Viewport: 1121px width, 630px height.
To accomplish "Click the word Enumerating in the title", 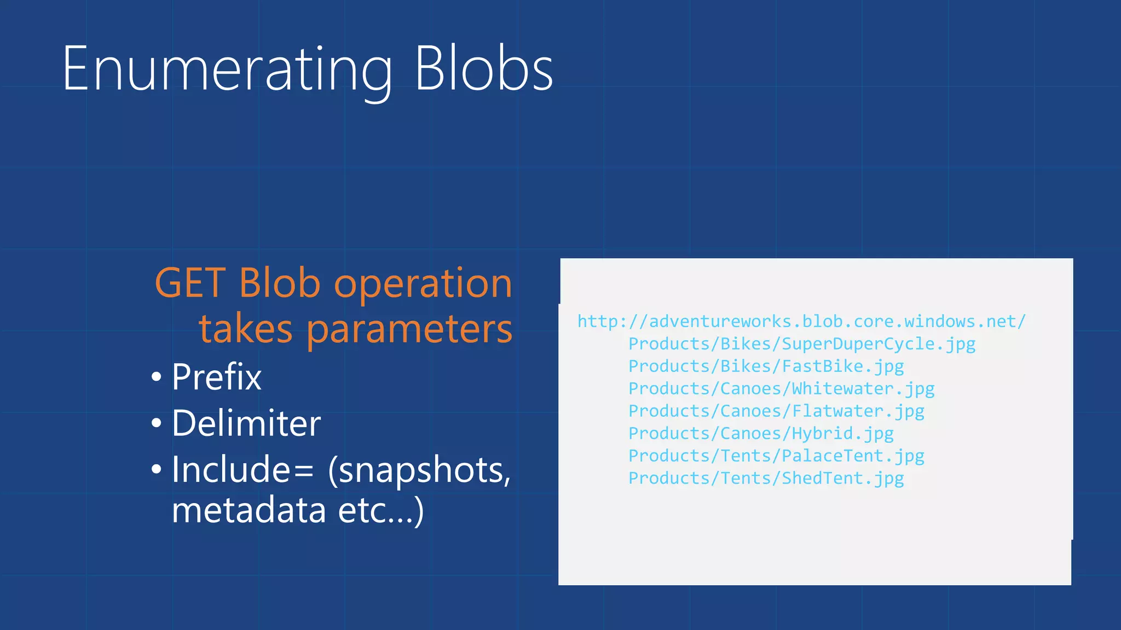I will point(227,70).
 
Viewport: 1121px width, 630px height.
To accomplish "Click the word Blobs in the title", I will point(483,70).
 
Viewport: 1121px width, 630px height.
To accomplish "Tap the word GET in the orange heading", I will point(190,283).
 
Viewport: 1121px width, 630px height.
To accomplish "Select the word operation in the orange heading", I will point(423,284).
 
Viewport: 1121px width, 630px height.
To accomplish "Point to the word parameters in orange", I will point(409,330).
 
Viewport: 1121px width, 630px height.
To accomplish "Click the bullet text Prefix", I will point(217,377).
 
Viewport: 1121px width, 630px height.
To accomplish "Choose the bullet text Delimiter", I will point(246,423).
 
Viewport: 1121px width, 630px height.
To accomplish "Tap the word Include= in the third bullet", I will point(242,469).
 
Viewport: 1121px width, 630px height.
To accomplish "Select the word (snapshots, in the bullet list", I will point(419,470).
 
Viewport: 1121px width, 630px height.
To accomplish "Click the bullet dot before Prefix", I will point(157,377).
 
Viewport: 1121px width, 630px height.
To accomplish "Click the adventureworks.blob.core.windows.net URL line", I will point(801,322).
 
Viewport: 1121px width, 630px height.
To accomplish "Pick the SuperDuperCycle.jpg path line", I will point(801,344).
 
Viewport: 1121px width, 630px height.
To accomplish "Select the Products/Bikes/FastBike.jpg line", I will point(766,366).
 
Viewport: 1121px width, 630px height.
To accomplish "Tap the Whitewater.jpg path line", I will point(781,389).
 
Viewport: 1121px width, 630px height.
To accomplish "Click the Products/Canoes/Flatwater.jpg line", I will point(776,411).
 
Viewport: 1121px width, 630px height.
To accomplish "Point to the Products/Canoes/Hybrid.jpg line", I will point(761,434).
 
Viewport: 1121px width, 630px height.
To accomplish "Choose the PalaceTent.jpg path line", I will point(776,456).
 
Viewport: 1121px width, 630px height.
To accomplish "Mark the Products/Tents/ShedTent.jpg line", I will point(766,479).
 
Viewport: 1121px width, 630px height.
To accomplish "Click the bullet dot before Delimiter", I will point(157,424).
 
